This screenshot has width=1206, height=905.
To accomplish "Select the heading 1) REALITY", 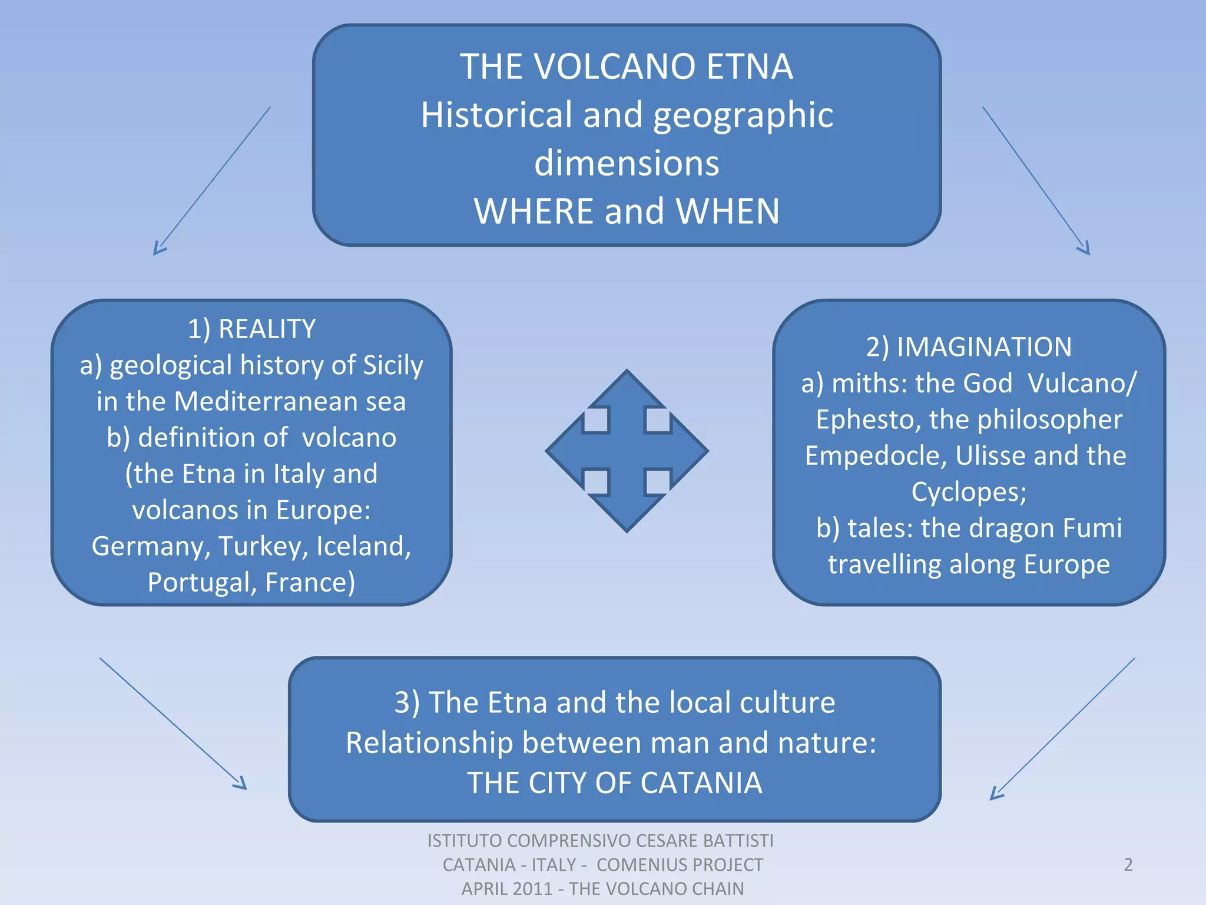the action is [x=251, y=329].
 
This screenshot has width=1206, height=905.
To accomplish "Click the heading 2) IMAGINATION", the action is [x=969, y=347].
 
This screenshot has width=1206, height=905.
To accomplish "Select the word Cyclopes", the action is [x=969, y=492].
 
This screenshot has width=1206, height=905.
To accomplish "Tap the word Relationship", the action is [x=429, y=743].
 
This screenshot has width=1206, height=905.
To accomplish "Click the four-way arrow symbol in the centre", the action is [x=627, y=451].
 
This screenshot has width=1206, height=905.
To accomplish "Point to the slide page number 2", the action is [x=1128, y=864].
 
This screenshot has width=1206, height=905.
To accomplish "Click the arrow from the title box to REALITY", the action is [x=212, y=180].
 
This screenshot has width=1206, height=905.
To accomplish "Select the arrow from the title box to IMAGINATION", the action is [x=1036, y=180].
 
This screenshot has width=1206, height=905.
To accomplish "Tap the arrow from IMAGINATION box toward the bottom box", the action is [x=1063, y=728].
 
